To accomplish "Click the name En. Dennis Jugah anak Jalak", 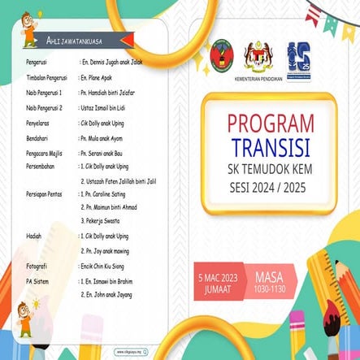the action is tap(114, 61).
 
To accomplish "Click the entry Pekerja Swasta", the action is tap(102, 220).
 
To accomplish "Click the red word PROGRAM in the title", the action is tap(270, 124).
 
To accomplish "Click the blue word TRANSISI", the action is tap(270, 149).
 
